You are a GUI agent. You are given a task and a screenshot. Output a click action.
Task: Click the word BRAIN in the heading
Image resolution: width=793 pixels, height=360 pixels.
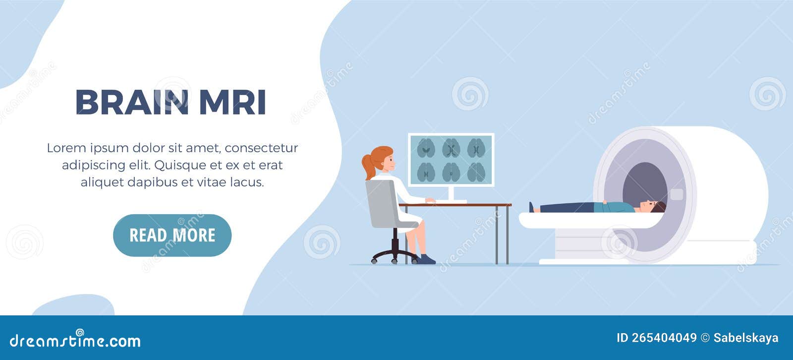point(132,103)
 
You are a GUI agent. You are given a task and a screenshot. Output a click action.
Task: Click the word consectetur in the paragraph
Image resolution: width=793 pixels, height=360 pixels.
point(261,148)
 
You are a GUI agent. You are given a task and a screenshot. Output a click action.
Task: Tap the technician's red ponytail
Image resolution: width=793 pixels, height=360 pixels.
point(368,167)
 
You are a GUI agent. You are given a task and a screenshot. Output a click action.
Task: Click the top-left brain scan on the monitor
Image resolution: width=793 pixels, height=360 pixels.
point(426,148)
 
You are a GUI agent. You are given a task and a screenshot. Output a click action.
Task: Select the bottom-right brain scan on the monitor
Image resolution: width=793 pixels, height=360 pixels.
point(476,172)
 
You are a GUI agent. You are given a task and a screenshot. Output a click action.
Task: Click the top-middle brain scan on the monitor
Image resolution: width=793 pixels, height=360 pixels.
point(451,148)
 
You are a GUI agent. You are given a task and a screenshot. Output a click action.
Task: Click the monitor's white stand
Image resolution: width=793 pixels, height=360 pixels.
point(451,193)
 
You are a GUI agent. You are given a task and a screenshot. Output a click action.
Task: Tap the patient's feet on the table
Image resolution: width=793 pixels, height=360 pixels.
point(532,207)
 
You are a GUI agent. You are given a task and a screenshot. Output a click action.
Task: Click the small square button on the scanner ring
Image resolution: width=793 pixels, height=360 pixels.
point(676,194)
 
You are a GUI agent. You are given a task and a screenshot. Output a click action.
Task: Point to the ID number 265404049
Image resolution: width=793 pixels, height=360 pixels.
point(664,338)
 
